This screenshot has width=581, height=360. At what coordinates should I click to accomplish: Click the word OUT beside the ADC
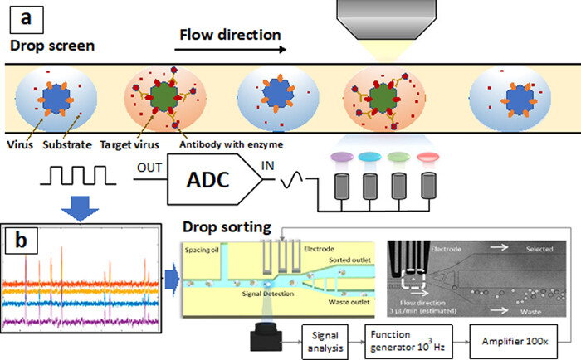pos(149,164)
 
